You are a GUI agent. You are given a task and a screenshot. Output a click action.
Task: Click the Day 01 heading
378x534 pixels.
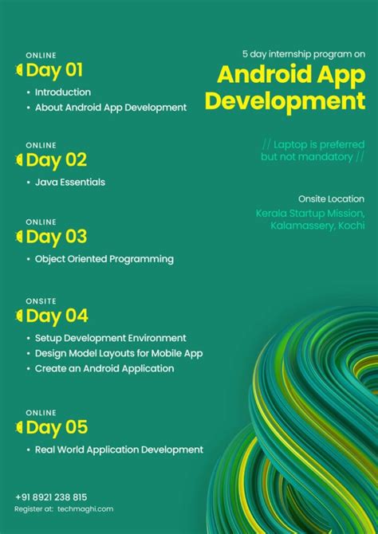(54, 70)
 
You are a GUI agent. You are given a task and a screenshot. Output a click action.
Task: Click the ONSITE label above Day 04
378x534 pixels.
(41, 300)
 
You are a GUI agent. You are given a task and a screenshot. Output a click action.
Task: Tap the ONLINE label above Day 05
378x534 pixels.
(41, 412)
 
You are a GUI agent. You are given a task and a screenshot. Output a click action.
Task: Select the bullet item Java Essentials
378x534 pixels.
(70, 183)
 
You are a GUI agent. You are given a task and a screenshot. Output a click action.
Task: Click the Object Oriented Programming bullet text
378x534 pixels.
(104, 259)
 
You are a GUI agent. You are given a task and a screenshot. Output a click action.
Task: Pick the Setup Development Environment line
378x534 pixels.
(111, 338)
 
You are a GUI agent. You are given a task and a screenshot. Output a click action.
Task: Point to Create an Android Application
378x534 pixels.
(104, 368)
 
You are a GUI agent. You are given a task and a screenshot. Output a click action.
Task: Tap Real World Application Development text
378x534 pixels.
(119, 450)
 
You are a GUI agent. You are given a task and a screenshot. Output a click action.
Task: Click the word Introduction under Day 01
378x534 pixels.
(63, 92)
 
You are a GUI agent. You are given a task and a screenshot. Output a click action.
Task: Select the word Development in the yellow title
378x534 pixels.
(285, 101)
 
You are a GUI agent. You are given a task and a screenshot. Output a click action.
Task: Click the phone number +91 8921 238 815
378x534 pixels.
(51, 497)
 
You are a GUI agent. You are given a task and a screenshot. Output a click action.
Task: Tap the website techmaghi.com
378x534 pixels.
(85, 508)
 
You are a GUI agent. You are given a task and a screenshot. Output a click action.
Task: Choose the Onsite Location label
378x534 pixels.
(331, 199)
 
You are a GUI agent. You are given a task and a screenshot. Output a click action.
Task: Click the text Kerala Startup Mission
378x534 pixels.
(310, 214)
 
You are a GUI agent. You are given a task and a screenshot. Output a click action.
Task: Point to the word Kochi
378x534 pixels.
(351, 226)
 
